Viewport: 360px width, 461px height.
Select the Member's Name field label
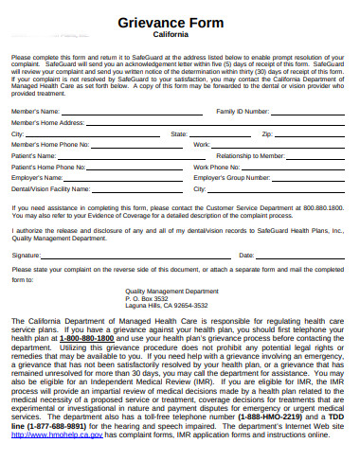[36, 112]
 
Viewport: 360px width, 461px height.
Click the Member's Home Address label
[47, 123]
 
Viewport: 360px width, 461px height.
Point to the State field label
[179, 134]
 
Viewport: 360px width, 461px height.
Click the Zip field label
[266, 134]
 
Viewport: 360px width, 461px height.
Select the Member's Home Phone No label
[50, 145]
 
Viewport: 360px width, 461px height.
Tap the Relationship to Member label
[250, 155]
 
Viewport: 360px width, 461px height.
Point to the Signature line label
[26, 256]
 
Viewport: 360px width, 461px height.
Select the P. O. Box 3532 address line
[152, 299]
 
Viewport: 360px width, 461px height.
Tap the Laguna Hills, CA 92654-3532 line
[167, 307]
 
